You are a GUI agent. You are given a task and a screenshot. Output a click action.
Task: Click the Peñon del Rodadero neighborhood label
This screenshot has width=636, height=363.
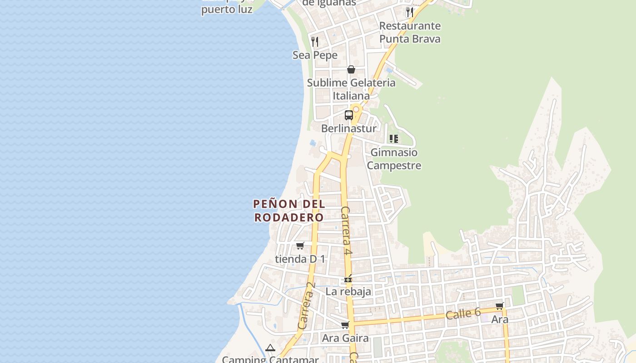tap(289, 211)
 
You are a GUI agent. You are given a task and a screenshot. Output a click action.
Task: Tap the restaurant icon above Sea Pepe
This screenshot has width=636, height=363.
tap(315, 42)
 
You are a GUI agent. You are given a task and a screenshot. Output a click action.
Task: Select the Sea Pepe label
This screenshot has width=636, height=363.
tap(315, 55)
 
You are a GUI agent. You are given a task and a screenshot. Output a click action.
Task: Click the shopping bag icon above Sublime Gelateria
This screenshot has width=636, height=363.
tap(351, 69)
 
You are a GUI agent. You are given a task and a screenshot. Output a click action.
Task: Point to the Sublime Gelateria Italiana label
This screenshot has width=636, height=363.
tap(351, 89)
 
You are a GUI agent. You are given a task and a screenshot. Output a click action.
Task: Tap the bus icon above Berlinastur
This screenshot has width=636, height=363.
tap(349, 115)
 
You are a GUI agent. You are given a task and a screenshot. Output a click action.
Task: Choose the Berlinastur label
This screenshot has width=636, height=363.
tap(349, 128)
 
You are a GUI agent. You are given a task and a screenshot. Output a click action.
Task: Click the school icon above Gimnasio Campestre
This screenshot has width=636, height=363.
tap(394, 139)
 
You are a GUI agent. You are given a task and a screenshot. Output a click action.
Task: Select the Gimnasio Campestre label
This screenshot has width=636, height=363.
tap(394, 159)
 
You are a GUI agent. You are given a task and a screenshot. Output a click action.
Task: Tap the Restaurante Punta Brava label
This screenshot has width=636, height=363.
tap(410, 32)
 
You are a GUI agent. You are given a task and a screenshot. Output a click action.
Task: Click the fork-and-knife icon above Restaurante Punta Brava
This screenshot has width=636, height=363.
tap(410, 12)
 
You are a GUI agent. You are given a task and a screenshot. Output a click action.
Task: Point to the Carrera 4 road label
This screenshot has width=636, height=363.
tap(347, 231)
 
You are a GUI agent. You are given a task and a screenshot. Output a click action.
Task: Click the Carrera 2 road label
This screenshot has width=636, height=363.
tap(307, 306)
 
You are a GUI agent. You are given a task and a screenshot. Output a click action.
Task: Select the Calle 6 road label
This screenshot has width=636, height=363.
tap(463, 313)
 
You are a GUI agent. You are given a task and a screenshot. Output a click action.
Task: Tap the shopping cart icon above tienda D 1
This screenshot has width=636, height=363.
tap(300, 245)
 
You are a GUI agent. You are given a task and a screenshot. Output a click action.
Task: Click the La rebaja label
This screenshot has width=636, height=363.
tap(348, 291)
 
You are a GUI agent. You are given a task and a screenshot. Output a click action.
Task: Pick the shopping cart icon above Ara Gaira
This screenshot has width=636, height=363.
tap(345, 325)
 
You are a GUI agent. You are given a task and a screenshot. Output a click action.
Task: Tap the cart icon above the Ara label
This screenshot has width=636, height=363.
tap(500, 306)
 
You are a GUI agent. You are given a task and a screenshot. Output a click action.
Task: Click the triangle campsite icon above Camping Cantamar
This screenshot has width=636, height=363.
tap(270, 348)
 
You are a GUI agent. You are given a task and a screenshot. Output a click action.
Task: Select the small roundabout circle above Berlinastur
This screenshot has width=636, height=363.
tap(356, 109)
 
